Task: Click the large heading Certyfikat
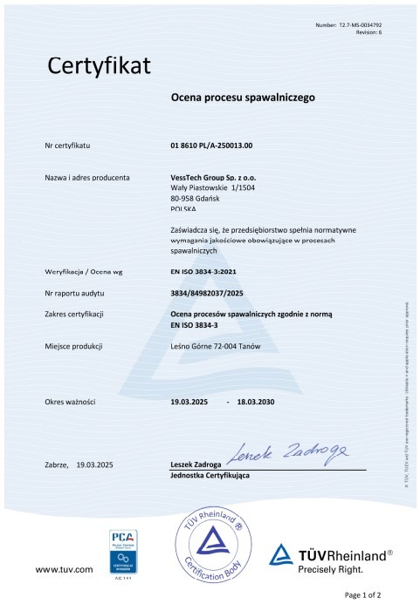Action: [x=99, y=65]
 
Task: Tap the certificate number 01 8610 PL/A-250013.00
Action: [x=217, y=146]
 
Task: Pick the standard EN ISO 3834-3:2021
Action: [x=204, y=273]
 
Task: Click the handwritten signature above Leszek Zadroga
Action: [x=289, y=451]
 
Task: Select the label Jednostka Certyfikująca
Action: [x=210, y=478]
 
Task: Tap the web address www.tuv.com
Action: [x=63, y=569]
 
